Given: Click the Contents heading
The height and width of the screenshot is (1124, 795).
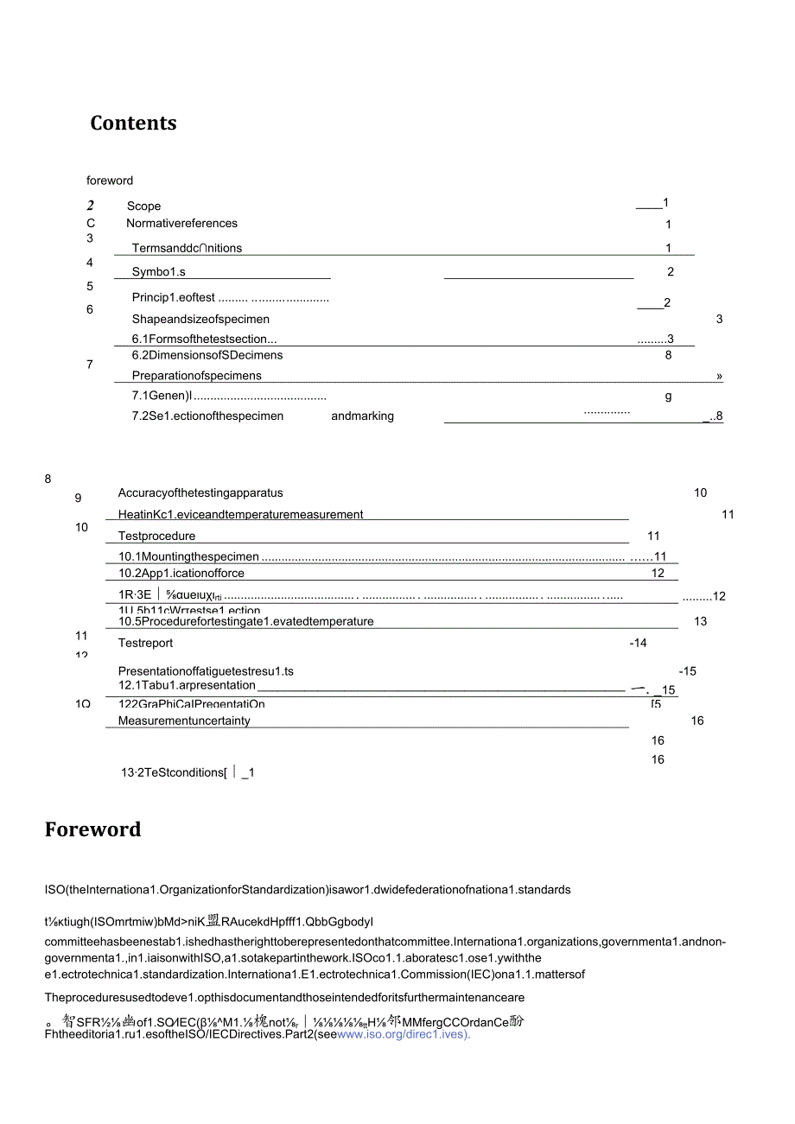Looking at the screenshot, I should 133,124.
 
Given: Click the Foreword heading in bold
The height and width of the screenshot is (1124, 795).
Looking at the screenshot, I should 92,830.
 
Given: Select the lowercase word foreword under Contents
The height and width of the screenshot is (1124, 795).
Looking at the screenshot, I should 110,181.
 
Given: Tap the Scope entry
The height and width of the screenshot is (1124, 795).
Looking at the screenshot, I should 143,206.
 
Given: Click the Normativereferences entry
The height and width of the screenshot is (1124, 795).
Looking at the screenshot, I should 181,224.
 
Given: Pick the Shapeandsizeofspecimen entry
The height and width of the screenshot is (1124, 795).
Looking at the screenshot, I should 200,320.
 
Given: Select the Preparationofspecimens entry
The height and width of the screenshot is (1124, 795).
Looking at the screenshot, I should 196,376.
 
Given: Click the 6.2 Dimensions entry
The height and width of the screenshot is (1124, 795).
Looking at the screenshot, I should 207,355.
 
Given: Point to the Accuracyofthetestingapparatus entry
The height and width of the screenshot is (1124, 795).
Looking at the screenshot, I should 200,493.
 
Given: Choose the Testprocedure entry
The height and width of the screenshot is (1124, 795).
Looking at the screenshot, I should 156,537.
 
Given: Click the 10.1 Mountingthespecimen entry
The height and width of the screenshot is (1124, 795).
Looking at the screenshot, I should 188,557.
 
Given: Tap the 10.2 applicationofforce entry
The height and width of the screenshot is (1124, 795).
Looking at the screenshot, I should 181,574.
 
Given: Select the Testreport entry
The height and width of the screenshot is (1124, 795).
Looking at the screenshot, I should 145,644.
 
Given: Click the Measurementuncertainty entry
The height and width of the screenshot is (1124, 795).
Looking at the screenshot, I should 184,721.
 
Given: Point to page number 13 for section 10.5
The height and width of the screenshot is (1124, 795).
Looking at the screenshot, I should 700,622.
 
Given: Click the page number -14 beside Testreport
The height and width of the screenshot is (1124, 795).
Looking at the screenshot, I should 638,644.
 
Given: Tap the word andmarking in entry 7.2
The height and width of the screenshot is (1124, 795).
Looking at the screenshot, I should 362,416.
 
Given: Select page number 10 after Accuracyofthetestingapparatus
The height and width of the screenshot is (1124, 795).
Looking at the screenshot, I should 700,493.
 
